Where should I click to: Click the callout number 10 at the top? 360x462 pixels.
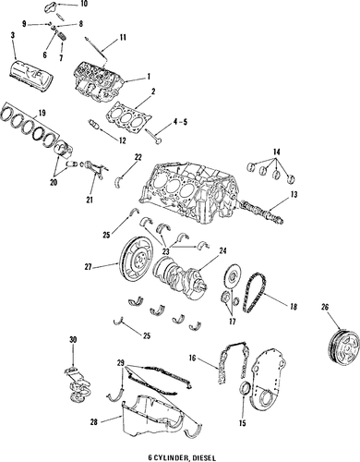83,4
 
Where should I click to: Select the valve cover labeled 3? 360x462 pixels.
32,74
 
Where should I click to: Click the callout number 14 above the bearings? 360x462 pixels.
276,152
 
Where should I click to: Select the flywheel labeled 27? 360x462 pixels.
137,262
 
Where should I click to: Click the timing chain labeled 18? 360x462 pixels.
254,293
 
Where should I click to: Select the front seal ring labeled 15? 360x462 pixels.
246,389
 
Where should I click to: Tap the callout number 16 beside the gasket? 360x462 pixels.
193,359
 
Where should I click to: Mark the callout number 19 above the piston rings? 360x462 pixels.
42,113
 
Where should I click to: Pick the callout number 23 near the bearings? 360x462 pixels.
166,251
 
